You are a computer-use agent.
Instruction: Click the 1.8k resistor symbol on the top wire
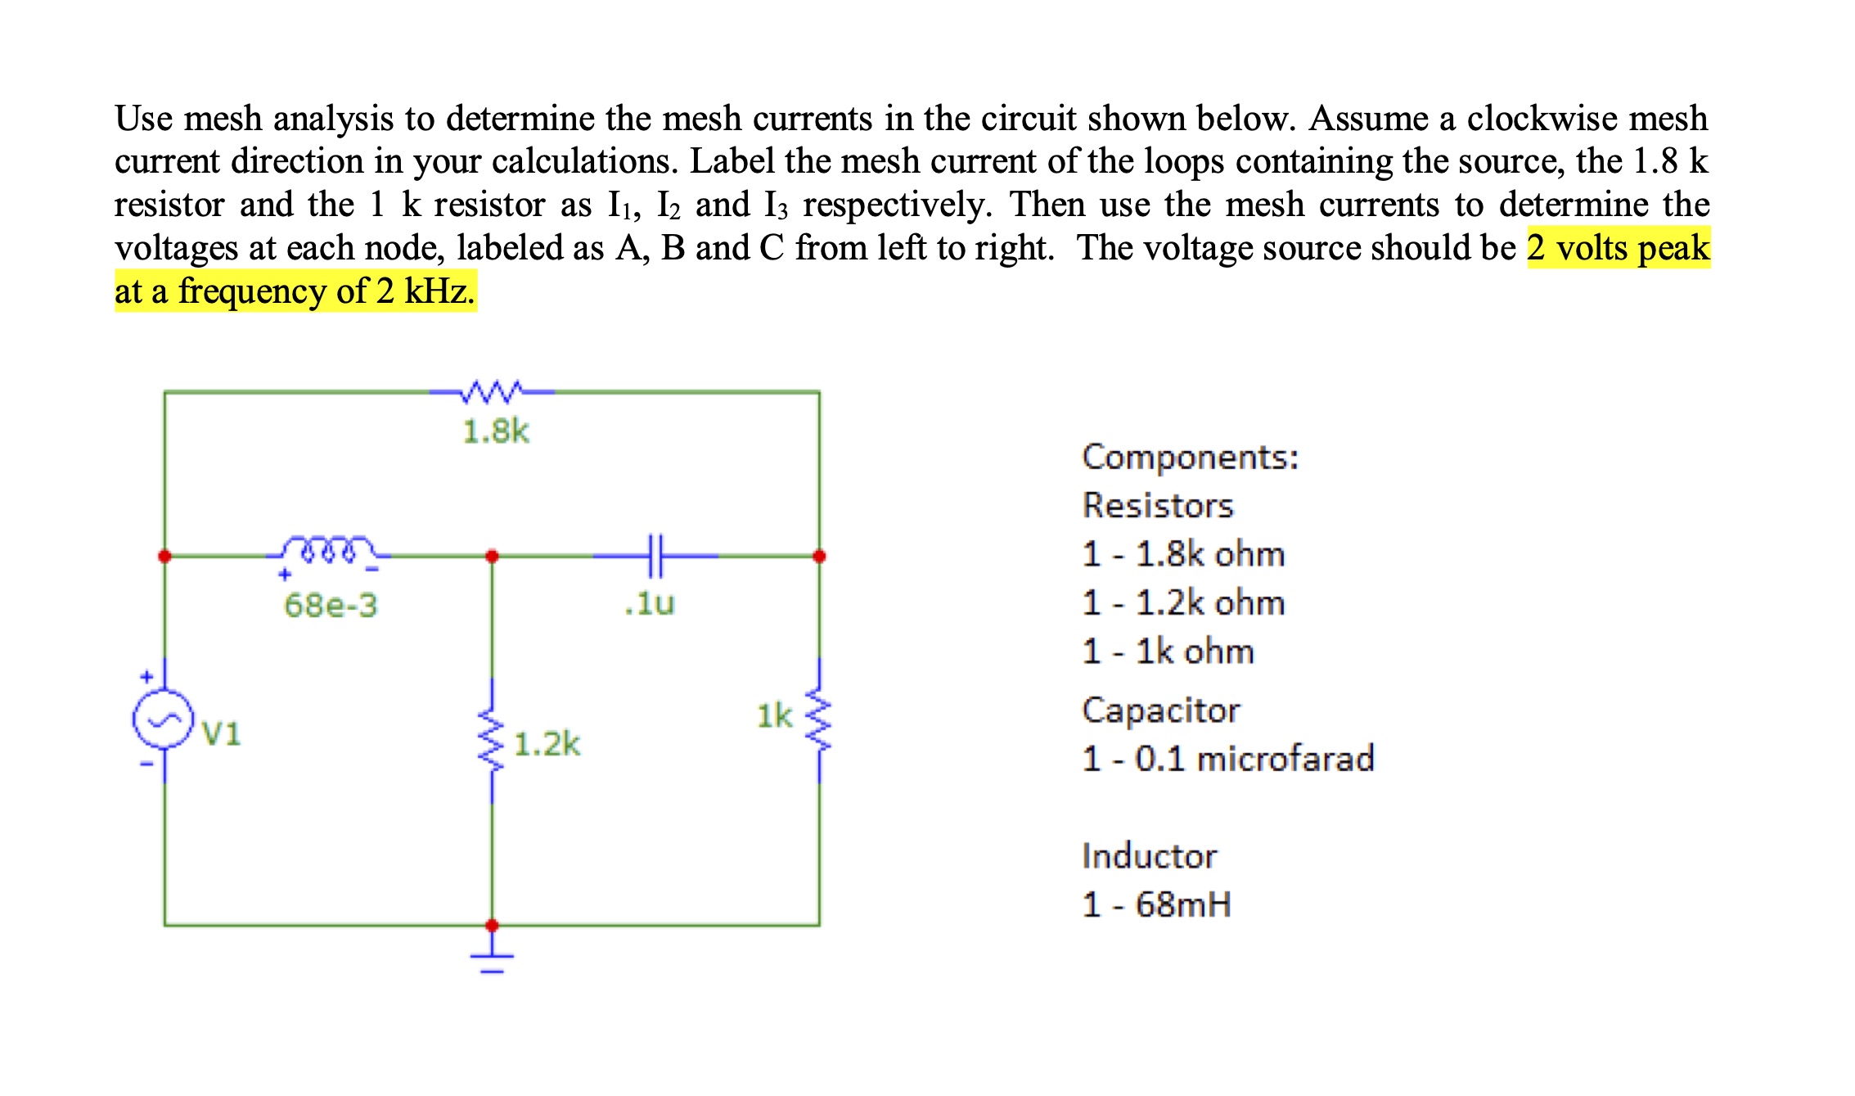[x=491, y=392]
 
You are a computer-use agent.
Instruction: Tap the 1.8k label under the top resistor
[x=496, y=431]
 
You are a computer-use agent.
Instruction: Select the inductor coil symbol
[x=327, y=550]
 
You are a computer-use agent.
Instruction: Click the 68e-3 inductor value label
[x=331, y=606]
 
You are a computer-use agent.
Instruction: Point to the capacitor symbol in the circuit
[x=655, y=556]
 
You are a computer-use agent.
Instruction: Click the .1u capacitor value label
[x=650, y=603]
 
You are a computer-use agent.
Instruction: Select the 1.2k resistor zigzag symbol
[x=492, y=741]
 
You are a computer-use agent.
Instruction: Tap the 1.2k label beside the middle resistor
[x=547, y=744]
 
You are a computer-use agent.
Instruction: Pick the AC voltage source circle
[x=164, y=719]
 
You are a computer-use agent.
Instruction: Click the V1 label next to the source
[x=222, y=733]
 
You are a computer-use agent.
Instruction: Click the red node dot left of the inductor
[x=164, y=557]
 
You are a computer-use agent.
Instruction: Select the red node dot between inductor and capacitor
[x=492, y=557]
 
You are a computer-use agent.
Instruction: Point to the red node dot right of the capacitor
[x=819, y=557]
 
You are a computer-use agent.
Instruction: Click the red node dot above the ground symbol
[x=492, y=926]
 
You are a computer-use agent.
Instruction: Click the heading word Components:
[x=1191, y=457]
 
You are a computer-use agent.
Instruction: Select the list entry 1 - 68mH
[x=1156, y=904]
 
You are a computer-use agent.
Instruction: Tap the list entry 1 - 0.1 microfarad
[x=1228, y=759]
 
